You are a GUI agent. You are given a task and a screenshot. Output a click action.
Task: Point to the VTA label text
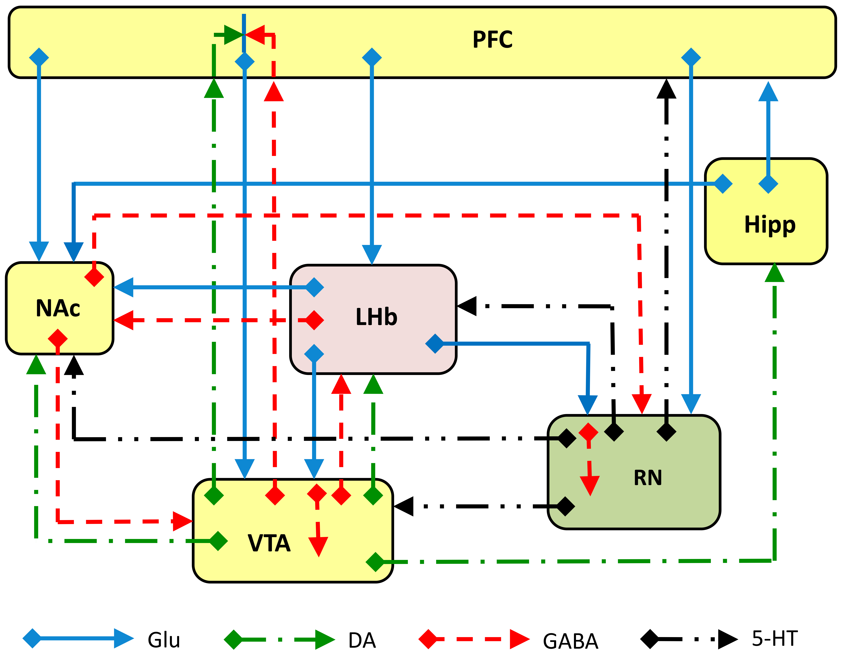pyautogui.click(x=269, y=543)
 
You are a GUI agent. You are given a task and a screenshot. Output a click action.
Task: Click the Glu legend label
pyautogui.click(x=164, y=640)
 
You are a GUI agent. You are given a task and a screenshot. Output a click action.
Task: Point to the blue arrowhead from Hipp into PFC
pyautogui.click(x=768, y=92)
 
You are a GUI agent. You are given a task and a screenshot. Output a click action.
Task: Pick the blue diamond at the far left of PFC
pyautogui.click(x=39, y=57)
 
